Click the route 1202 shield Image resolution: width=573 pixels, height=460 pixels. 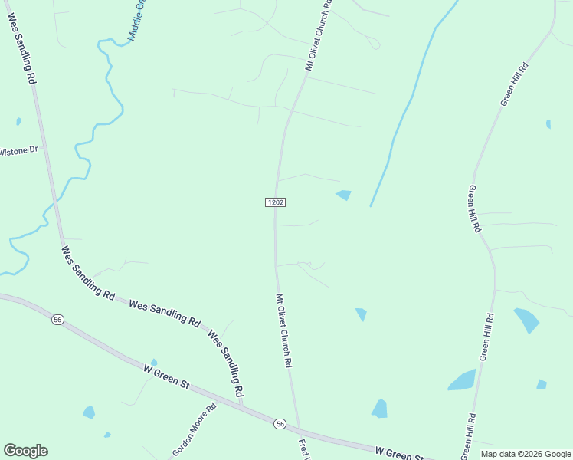click(276, 202)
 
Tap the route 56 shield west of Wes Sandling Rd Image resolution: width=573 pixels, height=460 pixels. click(57, 319)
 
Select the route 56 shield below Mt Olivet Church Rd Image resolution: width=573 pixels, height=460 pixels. click(280, 424)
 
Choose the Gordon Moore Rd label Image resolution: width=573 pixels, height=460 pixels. click(195, 429)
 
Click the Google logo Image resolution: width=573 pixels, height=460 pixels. click(25, 451)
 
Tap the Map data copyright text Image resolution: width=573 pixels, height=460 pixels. click(526, 454)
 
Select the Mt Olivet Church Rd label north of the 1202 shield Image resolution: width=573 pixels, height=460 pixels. click(319, 36)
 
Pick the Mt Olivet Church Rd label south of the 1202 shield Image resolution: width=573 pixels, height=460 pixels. click(284, 330)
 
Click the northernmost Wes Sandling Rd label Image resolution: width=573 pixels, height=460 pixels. click(22, 47)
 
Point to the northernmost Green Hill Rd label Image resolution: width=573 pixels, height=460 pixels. click(518, 84)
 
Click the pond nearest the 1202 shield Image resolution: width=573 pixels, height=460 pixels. click(344, 195)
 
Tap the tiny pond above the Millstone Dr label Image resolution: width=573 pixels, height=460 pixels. click(18, 121)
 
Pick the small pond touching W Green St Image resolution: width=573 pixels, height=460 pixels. click(154, 363)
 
